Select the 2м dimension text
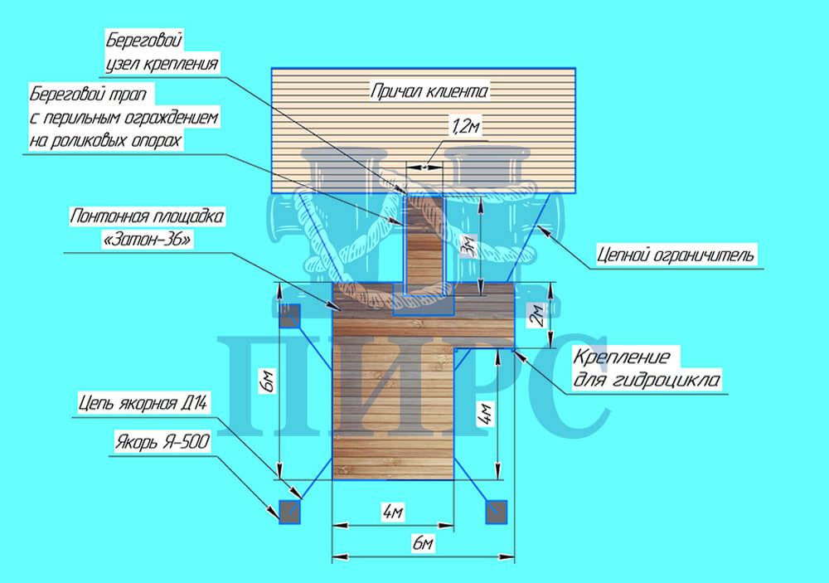tap(536, 316)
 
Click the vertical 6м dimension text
tap(265, 382)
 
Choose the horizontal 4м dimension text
tap(393, 512)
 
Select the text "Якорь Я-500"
tap(162, 444)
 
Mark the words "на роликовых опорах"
tap(105, 140)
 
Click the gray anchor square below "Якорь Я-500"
tap(289, 512)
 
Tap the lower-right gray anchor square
tap(496, 512)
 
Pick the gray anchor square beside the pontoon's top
tap(288, 315)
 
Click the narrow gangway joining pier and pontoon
tap(424, 240)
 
